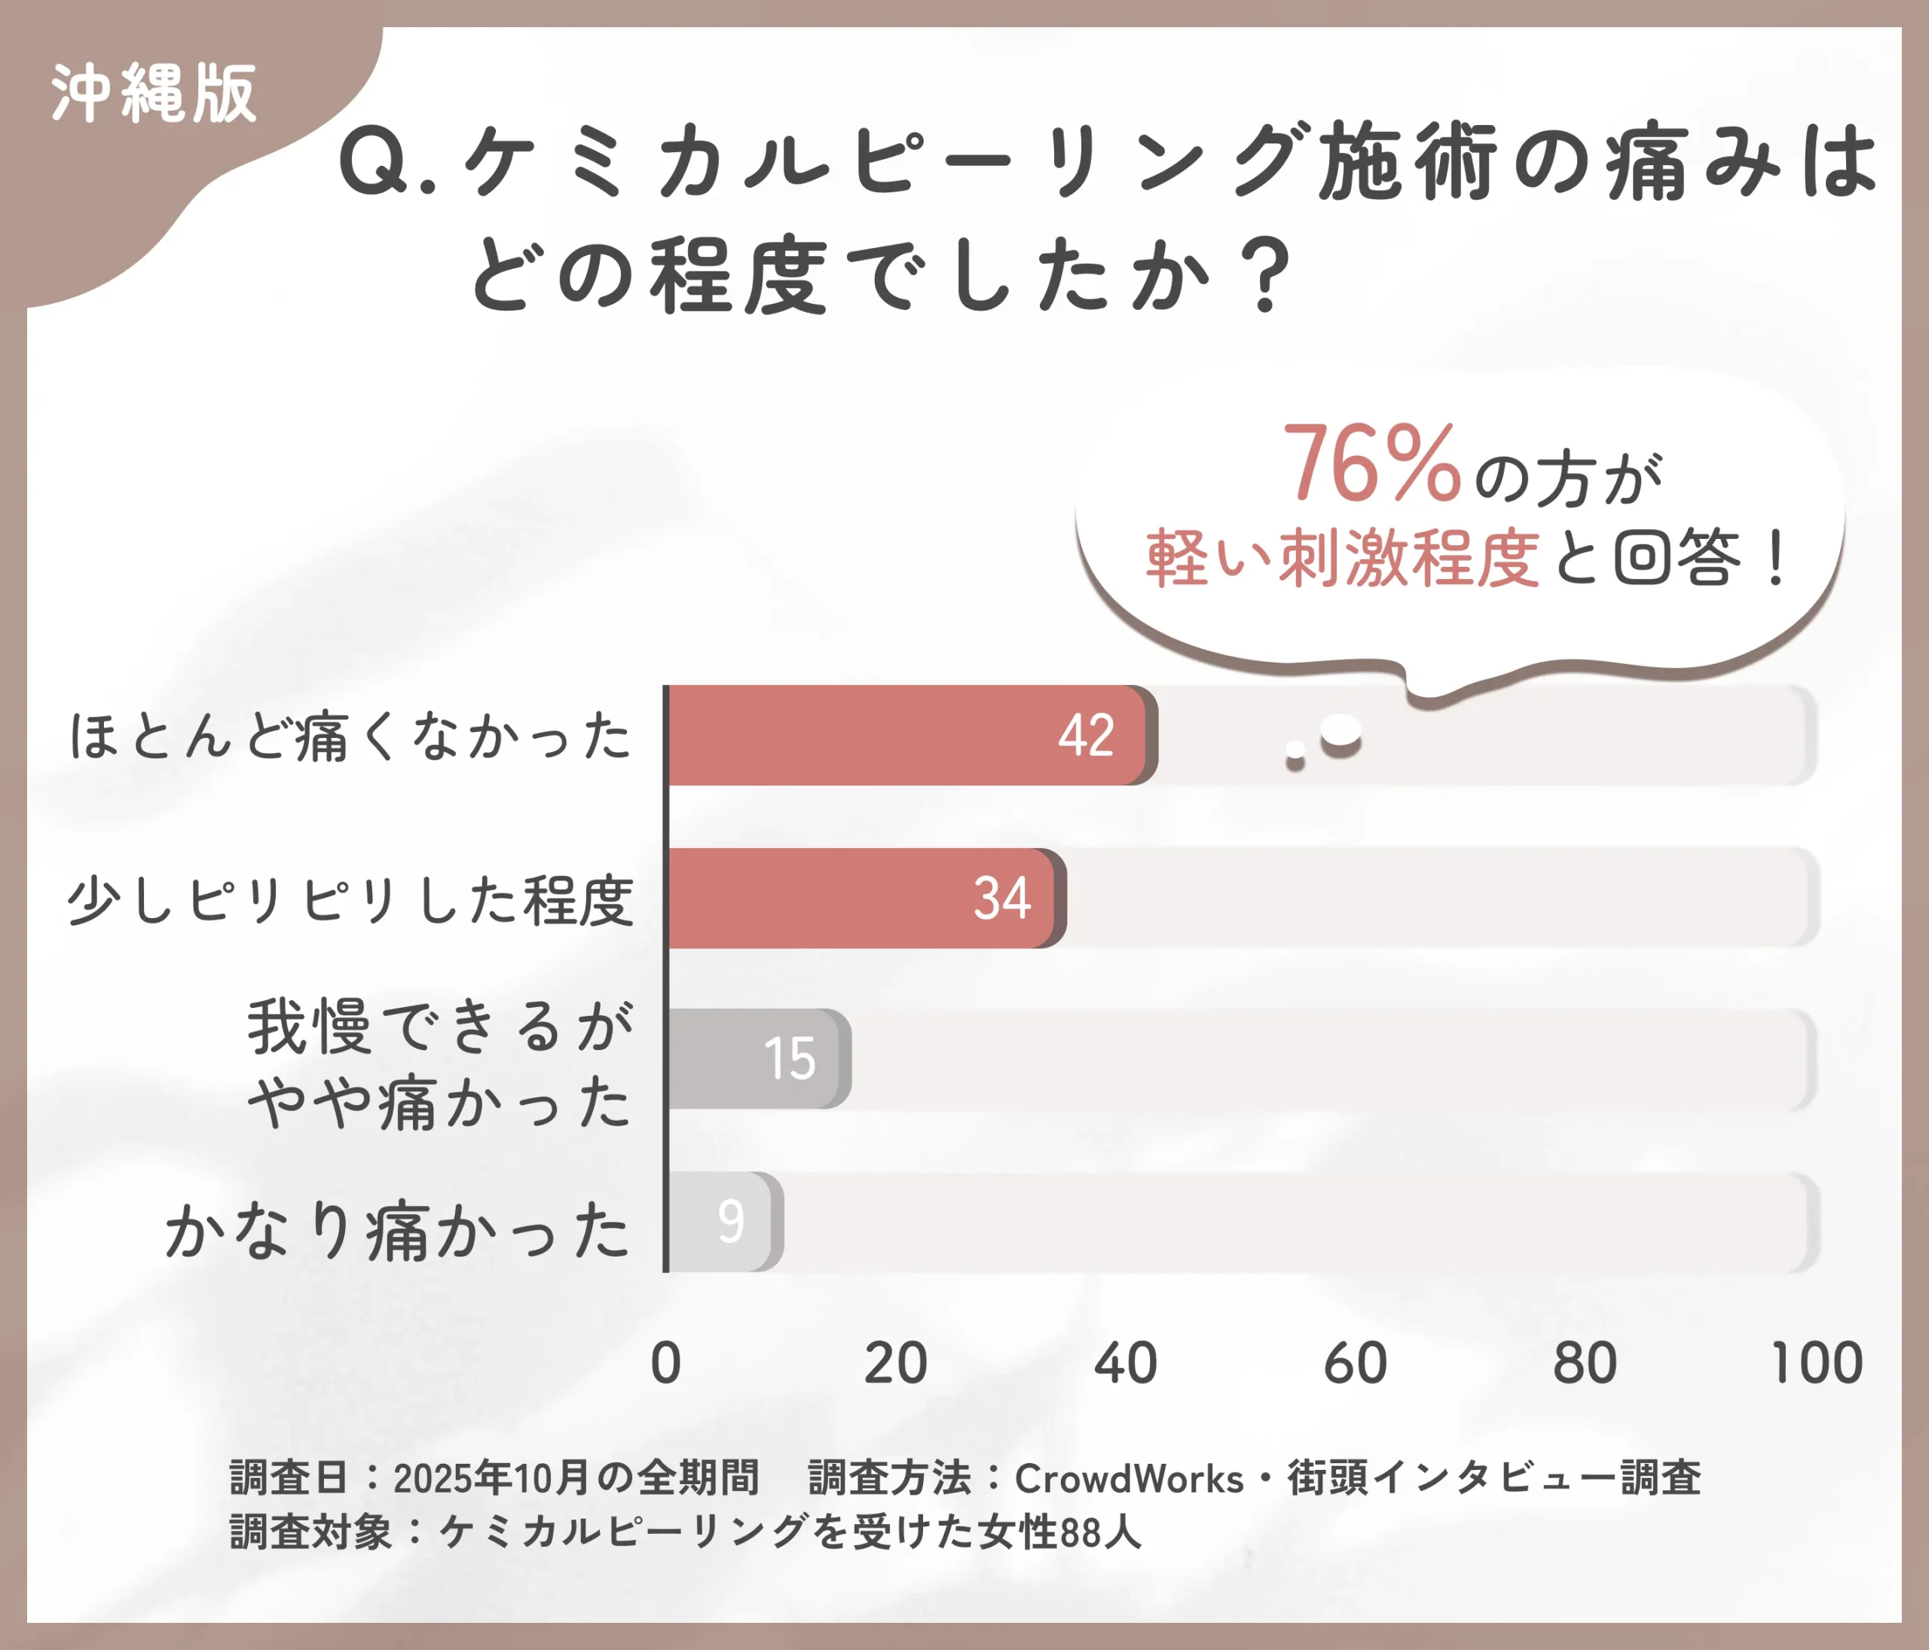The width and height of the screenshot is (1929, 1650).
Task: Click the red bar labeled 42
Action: [x=908, y=736]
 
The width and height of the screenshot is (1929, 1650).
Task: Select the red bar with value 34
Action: [x=861, y=898]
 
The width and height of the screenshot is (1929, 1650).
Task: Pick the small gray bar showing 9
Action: [x=723, y=1222]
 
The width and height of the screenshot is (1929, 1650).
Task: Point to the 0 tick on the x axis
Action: [x=665, y=1364]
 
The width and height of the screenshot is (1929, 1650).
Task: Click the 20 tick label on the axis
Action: [x=896, y=1364]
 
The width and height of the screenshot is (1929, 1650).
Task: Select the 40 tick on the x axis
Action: [x=1126, y=1364]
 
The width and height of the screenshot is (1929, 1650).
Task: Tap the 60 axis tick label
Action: [x=1356, y=1364]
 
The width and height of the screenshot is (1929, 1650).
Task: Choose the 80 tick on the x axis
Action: [x=1585, y=1364]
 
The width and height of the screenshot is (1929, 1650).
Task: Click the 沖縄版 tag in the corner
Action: [x=154, y=93]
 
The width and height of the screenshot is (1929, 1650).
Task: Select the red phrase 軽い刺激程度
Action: [x=1341, y=559]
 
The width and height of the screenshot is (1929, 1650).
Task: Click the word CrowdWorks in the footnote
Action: [x=1128, y=1479]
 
